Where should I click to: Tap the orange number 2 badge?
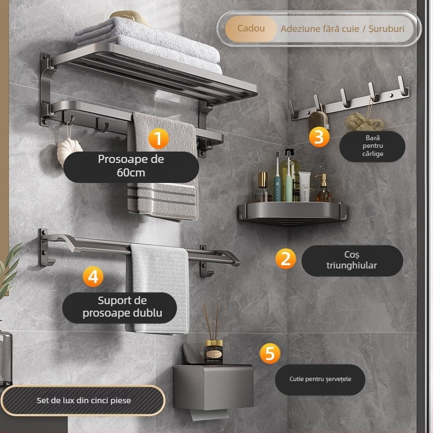pyautogui.click(x=286, y=259)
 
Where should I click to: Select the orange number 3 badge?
pyautogui.click(x=319, y=137)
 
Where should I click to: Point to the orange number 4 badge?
pyautogui.click(x=93, y=277)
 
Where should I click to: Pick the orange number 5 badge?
pyautogui.click(x=270, y=353)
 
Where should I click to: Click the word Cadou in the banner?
pyautogui.click(x=251, y=28)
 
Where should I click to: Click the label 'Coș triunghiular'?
pyautogui.click(x=352, y=260)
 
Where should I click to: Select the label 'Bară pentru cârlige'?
pyautogui.click(x=372, y=146)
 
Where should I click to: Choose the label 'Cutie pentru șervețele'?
pyautogui.click(x=320, y=379)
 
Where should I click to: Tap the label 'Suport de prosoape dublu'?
pyautogui.click(x=122, y=307)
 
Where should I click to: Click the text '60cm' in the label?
pyautogui.click(x=131, y=173)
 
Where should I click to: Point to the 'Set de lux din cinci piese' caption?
pyautogui.click(x=84, y=401)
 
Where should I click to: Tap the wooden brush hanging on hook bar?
pyautogui.click(x=318, y=120)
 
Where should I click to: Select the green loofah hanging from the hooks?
pyautogui.click(x=363, y=122)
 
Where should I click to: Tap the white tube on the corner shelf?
pyautogui.click(x=304, y=186)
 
